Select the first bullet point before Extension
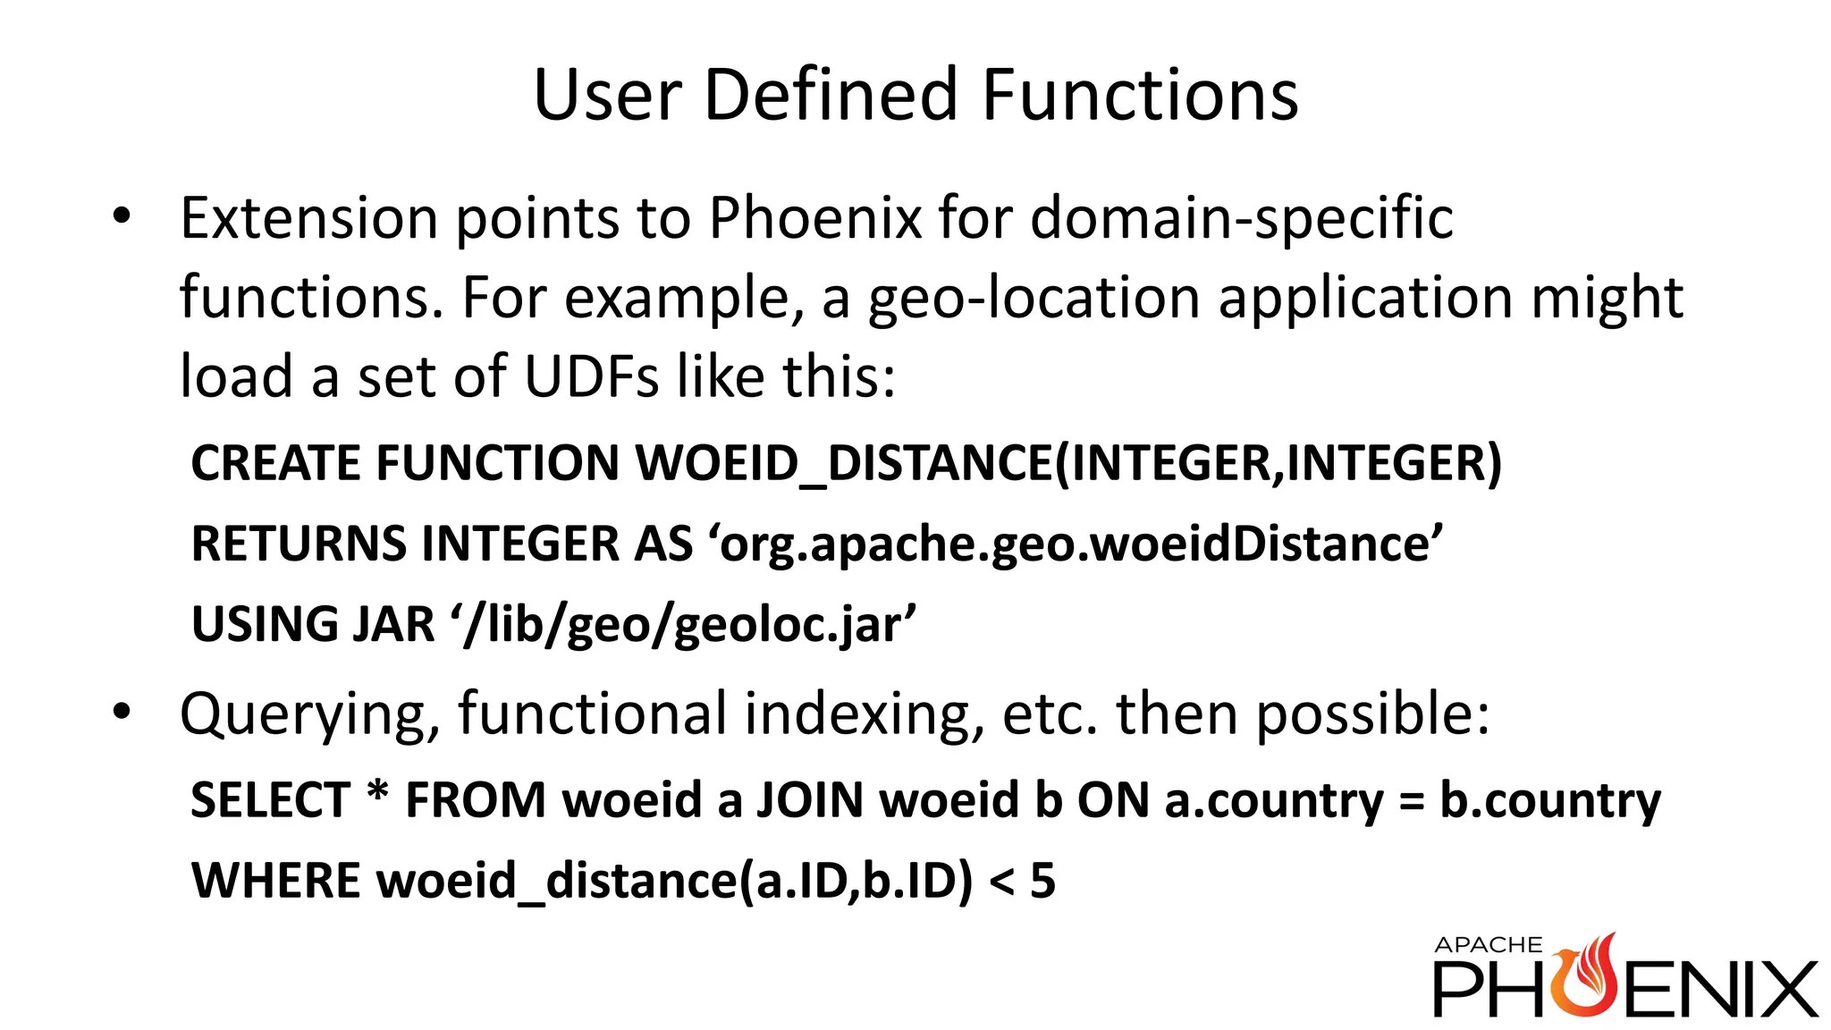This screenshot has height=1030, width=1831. click(122, 216)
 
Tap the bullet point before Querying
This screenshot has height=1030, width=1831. click(122, 713)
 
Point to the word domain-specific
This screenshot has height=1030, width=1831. click(1241, 219)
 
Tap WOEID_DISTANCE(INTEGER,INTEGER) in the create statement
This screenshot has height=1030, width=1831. click(1067, 464)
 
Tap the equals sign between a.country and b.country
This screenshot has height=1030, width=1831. click(1411, 801)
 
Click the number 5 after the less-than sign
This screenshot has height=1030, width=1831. click(1042, 881)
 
